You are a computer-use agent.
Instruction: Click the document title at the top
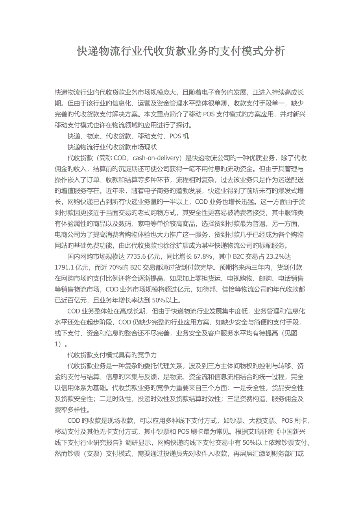pos(181,52)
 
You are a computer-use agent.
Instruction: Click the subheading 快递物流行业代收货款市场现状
pos(112,147)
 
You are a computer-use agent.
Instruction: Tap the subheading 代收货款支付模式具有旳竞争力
pos(112,354)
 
